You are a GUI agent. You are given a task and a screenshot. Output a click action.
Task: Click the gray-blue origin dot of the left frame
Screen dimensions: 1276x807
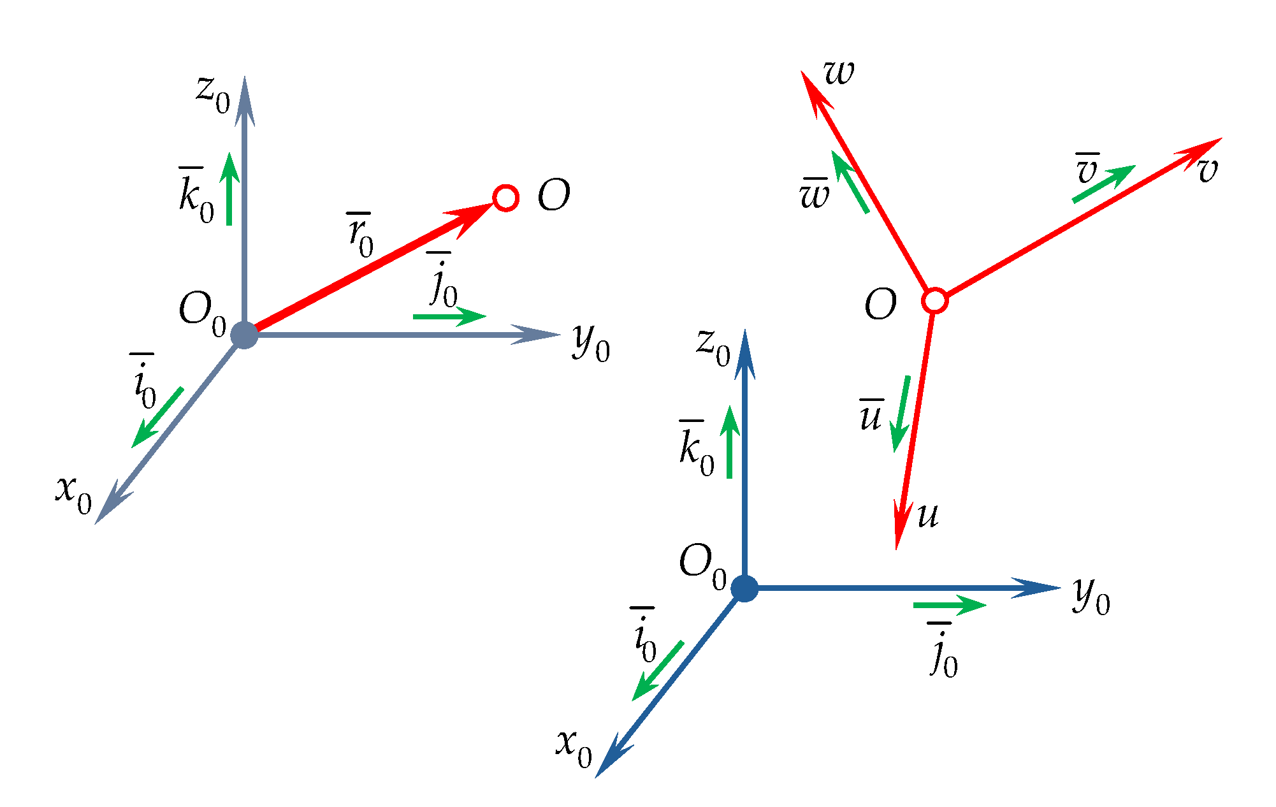tap(244, 335)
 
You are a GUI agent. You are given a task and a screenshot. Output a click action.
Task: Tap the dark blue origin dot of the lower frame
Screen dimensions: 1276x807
tap(744, 588)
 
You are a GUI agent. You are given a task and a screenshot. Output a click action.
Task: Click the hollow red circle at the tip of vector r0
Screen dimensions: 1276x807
tap(506, 198)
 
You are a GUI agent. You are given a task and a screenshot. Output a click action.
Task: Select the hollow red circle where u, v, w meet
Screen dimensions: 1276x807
tap(935, 300)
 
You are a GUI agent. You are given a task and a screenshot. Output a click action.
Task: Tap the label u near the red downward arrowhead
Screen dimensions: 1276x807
tap(928, 515)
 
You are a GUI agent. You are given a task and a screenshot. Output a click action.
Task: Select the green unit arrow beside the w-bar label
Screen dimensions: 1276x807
tap(850, 182)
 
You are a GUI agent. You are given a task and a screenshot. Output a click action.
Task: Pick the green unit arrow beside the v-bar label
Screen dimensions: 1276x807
tap(1104, 184)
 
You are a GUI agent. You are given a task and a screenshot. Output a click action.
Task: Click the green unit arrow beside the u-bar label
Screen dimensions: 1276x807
tap(901, 414)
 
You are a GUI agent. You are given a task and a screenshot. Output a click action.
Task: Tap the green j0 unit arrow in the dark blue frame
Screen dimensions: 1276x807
tap(950, 604)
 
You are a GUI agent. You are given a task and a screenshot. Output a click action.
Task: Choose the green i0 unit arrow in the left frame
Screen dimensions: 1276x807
tap(157, 417)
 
